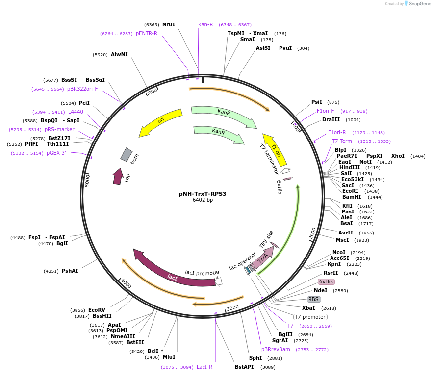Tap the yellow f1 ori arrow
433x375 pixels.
(x=276, y=150)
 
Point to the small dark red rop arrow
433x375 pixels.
(x=118, y=176)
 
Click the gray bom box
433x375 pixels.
(x=127, y=155)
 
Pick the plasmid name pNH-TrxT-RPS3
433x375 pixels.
(x=203, y=194)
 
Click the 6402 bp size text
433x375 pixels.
(x=203, y=200)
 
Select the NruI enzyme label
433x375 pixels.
(x=169, y=24)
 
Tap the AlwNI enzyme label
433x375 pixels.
(x=119, y=54)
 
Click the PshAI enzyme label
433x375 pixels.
(x=70, y=271)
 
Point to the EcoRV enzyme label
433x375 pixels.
(x=97, y=310)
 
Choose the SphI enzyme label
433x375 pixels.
(x=255, y=358)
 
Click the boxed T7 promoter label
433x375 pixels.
(x=310, y=317)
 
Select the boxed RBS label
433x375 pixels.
(x=313, y=299)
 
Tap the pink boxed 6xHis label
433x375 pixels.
(x=326, y=281)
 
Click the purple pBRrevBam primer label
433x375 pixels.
(x=276, y=349)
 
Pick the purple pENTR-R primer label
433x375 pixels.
(x=147, y=33)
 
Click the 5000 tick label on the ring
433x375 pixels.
(x=87, y=180)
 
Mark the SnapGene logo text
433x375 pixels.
(x=420, y=3)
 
